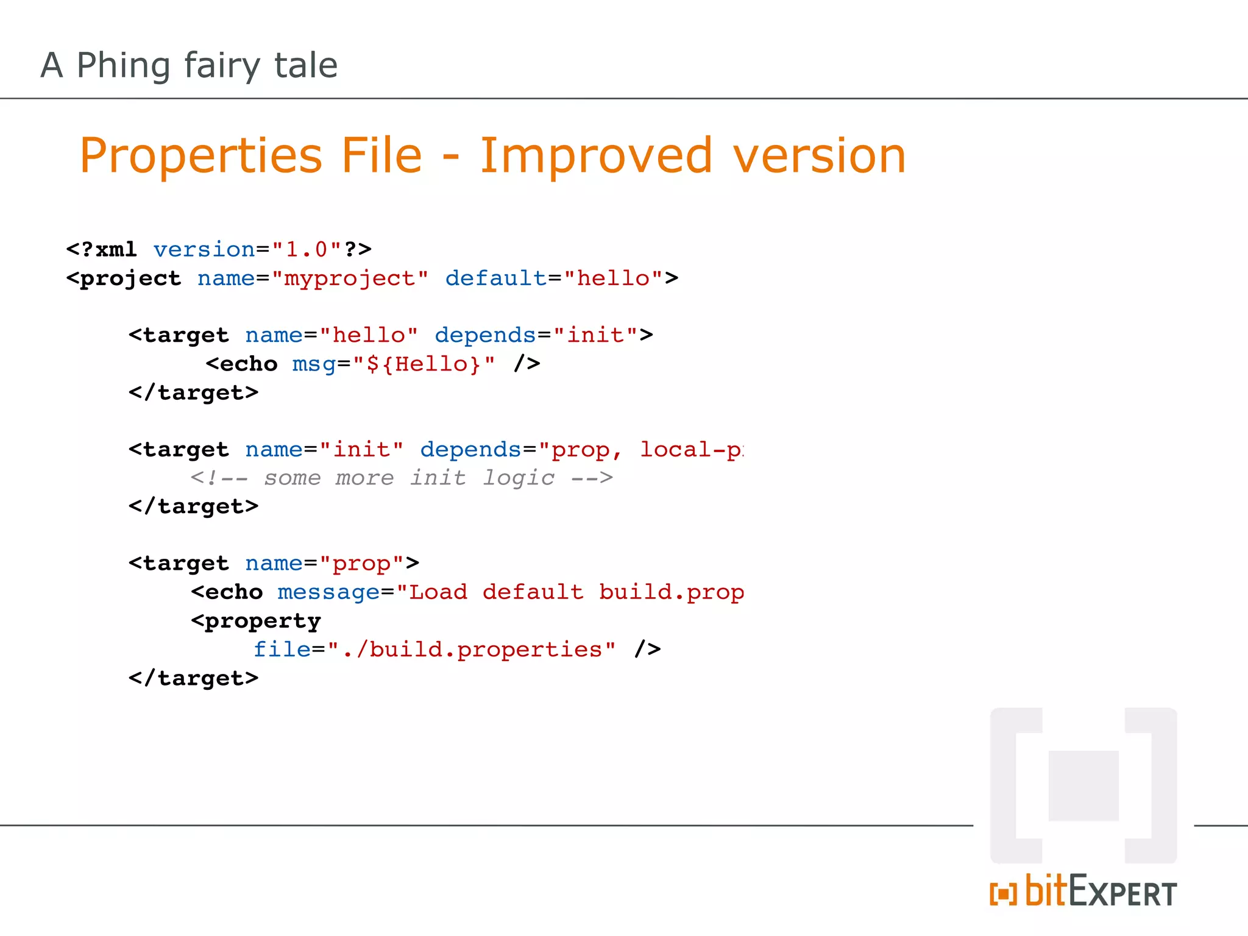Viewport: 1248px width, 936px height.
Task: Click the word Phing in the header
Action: pyautogui.click(x=123, y=65)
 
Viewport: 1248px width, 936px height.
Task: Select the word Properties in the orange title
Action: pyautogui.click(x=200, y=157)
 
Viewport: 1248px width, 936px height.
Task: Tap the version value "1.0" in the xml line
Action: pyautogui.click(x=307, y=249)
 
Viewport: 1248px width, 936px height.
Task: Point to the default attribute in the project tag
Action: pyautogui.click(x=495, y=278)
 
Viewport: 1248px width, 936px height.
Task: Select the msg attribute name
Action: pyautogui.click(x=313, y=364)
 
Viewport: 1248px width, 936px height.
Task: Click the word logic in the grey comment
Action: pyautogui.click(x=518, y=478)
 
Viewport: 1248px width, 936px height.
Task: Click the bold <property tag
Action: pyautogui.click(x=256, y=621)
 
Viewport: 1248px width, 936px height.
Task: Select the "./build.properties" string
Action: pyautogui.click(x=472, y=650)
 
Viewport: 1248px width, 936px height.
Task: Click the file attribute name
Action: pyautogui.click(x=282, y=650)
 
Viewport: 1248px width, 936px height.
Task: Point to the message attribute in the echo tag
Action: pyautogui.click(x=328, y=592)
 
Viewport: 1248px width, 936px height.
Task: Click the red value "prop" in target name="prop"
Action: pyautogui.click(x=361, y=564)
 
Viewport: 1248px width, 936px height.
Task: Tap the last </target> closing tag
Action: pyautogui.click(x=194, y=678)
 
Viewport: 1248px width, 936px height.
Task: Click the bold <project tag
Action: pyautogui.click(x=124, y=278)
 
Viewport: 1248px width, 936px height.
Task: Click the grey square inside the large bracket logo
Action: pyautogui.click(x=1083, y=785)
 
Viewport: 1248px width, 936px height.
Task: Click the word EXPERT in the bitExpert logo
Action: pyautogui.click(x=1122, y=893)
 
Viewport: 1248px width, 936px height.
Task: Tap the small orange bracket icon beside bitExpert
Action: pyautogui.click(x=1003, y=894)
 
